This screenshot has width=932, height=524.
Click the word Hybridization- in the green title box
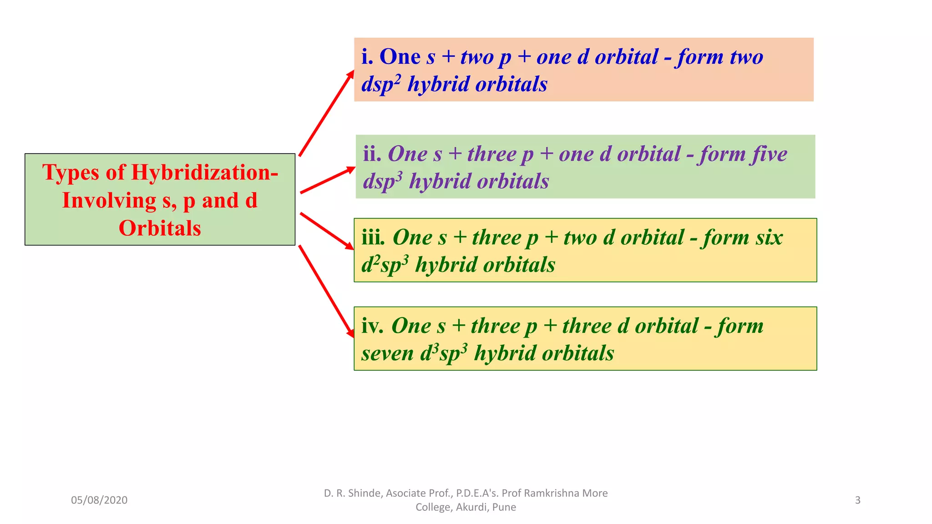[x=205, y=173]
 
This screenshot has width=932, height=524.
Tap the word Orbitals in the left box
[x=160, y=228]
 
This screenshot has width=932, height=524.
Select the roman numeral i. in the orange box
[x=367, y=57]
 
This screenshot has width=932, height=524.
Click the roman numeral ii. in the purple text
[x=372, y=154]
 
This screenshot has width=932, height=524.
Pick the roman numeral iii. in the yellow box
[x=373, y=238]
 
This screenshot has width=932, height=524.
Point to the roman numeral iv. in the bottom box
[x=372, y=326]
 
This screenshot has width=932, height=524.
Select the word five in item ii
[x=770, y=154]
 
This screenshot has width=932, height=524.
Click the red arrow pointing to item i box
[x=326, y=113]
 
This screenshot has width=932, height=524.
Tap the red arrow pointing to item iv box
[x=326, y=291]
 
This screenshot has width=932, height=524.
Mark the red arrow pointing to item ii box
[x=327, y=181]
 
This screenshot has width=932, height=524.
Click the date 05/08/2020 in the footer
[x=99, y=500]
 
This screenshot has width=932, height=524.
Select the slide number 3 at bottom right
[x=857, y=500]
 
